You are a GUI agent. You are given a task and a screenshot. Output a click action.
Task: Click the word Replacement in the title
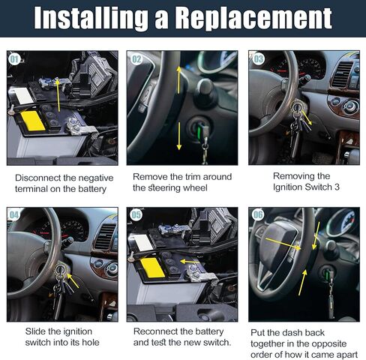click(253, 18)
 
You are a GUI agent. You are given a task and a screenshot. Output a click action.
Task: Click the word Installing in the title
click(91, 18)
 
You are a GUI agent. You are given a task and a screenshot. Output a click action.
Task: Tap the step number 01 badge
click(14, 59)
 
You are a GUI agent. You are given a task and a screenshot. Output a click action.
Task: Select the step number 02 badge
click(136, 59)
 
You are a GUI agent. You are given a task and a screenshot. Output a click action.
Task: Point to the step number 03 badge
click(259, 59)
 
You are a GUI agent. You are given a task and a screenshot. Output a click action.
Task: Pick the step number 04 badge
click(14, 215)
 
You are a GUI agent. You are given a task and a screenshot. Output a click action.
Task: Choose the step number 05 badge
click(136, 215)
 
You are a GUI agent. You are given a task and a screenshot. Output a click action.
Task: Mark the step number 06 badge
click(258, 215)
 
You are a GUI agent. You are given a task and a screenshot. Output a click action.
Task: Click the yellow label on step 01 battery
click(33, 121)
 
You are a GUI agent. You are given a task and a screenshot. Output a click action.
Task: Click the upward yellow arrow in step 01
click(58, 94)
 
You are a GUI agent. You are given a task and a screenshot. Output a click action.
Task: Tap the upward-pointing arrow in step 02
click(178, 80)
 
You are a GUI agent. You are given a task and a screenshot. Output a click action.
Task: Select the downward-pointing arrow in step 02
click(179, 136)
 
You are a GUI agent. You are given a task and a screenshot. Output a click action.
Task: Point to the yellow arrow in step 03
click(307, 118)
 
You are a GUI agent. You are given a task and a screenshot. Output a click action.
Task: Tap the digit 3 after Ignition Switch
click(337, 187)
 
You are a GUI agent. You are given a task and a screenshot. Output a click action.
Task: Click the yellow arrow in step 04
click(73, 280)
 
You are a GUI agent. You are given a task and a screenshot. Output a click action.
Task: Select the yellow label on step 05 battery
click(152, 268)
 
